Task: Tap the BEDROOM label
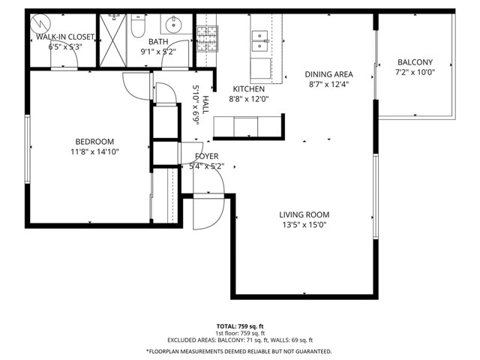tap(94, 142)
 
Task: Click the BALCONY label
tap(415, 62)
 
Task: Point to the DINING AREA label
tap(328, 74)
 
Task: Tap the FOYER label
tap(207, 156)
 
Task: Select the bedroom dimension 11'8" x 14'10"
tap(94, 151)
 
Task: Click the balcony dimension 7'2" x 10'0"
tap(415, 72)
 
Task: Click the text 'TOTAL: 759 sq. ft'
tap(239, 326)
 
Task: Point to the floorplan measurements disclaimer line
tap(239, 350)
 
